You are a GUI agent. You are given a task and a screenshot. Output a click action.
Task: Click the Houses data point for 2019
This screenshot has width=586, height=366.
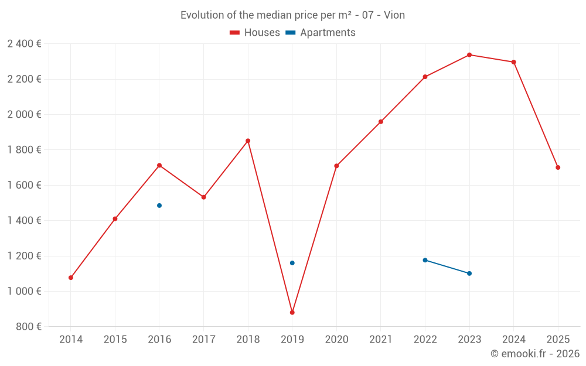coord(292,312)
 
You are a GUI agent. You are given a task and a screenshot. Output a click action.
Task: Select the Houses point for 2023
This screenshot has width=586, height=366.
coord(469,55)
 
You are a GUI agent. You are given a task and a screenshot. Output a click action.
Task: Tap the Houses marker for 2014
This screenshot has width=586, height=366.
coord(71,278)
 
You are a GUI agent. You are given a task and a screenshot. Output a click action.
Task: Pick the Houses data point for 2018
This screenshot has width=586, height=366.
coord(248,141)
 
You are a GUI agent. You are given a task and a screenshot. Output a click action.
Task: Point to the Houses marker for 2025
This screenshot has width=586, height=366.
coord(558,167)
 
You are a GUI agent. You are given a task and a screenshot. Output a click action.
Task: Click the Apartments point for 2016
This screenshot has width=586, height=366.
coord(159,206)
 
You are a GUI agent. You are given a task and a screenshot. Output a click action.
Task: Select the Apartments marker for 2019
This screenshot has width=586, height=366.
coord(292,263)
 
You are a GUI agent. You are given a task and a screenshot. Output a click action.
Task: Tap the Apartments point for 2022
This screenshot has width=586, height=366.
coord(425,260)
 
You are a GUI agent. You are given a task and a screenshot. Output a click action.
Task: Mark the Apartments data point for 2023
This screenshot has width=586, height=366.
coord(469,273)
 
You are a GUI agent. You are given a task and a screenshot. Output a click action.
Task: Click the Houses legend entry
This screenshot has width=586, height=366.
coord(255,33)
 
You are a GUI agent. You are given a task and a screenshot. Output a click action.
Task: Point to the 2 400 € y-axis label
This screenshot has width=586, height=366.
coord(24,44)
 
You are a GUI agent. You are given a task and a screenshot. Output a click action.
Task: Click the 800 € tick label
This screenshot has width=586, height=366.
coord(30,327)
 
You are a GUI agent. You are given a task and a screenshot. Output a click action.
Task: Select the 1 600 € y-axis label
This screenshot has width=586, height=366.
coord(24,185)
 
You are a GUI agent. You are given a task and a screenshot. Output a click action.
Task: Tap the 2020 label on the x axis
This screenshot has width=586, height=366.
coord(336,340)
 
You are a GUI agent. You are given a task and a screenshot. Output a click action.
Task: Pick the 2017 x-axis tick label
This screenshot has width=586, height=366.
coord(203,340)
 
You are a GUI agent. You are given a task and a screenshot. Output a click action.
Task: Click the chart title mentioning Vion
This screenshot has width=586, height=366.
coord(292,15)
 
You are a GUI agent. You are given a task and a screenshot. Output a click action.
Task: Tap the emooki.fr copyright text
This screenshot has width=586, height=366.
coord(534,354)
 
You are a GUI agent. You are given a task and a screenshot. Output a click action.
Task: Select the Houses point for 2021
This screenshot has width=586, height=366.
coord(381,122)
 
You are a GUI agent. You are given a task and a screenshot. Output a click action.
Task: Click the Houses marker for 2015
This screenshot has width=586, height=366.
coord(115,219)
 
